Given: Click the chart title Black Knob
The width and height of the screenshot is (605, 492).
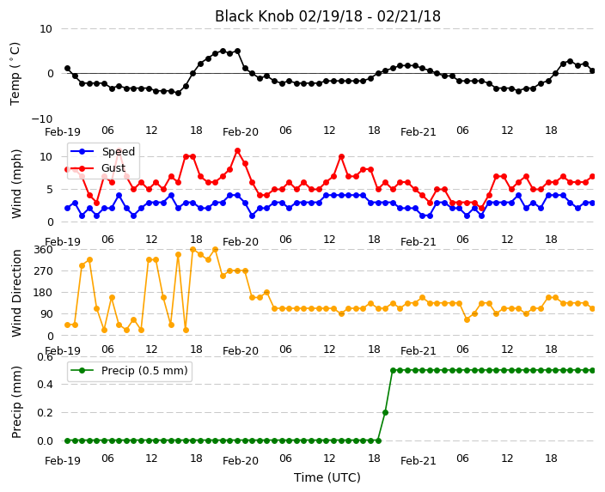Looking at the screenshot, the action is tap(254, 16).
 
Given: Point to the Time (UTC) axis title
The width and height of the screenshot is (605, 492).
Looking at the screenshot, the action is tap(327, 477).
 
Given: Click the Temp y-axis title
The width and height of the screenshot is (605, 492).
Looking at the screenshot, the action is tap(15, 74).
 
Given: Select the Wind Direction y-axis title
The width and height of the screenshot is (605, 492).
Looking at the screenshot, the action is tap(16, 293).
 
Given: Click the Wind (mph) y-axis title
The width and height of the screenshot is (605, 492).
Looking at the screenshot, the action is tap(16, 184).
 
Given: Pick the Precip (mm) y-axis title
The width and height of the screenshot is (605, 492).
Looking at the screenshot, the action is tap(16, 402).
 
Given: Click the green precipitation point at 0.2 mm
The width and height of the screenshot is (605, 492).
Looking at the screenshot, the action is tap(385, 412).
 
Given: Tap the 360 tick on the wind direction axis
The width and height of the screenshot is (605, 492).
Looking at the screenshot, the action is tap(43, 250).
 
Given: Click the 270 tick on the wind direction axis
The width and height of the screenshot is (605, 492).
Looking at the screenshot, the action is tap(43, 271).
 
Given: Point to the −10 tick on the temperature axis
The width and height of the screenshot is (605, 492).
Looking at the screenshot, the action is tap(42, 118).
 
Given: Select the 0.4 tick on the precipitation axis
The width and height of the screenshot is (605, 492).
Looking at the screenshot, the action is tap(45, 385).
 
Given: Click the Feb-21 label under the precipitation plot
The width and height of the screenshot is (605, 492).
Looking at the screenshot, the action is tap(419, 461).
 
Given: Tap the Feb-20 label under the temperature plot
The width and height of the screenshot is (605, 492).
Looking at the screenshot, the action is tap(241, 132).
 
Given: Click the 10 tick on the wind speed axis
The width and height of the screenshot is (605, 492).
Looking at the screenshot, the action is tap(46, 157).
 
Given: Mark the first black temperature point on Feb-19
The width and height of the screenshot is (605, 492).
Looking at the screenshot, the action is tap(68, 68).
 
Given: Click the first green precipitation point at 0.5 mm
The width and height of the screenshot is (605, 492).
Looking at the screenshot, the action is tap(393, 371).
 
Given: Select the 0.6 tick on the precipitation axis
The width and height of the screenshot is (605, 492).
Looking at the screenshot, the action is tap(45, 357).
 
